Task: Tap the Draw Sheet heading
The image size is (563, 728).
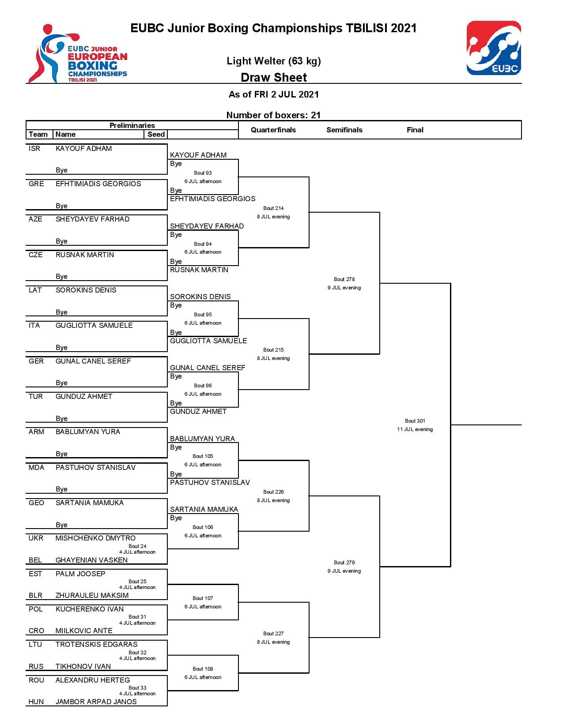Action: [274, 77]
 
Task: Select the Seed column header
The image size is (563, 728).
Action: [156, 134]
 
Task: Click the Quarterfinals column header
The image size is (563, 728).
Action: [273, 130]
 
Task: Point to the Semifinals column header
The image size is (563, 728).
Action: [344, 130]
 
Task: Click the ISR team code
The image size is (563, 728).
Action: [34, 148]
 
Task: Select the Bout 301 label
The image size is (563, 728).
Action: [415, 421]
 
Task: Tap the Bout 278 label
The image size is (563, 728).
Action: [344, 279]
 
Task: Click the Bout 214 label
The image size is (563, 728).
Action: [273, 208]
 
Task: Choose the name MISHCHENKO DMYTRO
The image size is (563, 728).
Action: [95, 538]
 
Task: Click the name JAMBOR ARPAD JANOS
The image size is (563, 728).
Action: [96, 702]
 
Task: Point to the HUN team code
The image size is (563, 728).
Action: [36, 702]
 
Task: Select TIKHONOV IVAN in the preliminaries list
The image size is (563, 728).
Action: [83, 666]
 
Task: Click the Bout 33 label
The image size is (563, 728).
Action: [137, 688]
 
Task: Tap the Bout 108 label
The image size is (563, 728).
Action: [203, 669]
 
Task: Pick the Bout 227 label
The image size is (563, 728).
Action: [273, 634]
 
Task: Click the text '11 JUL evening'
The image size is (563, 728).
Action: [415, 429]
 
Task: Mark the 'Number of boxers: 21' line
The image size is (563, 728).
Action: [273, 115]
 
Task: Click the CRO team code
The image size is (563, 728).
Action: [36, 631]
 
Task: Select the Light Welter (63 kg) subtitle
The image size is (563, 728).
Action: [274, 61]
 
